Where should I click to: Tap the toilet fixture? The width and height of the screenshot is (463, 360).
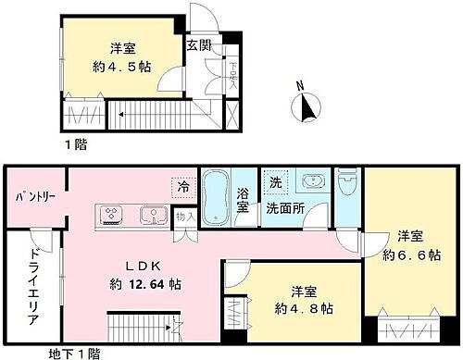coord(347,182)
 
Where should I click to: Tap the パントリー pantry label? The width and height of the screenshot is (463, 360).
coord(32,197)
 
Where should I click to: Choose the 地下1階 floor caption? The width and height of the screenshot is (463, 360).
coord(79,352)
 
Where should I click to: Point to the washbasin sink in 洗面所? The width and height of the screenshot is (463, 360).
coord(311,181)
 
